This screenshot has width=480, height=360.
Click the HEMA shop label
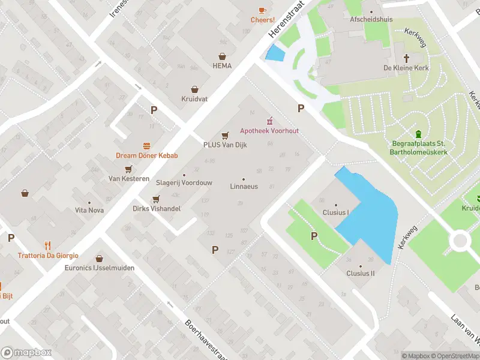[222, 66]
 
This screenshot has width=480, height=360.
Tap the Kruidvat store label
[194, 99]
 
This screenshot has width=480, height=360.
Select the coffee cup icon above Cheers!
[262, 10]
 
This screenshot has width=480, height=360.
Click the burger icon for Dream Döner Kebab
[147, 146]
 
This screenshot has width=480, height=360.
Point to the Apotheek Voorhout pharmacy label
[269, 131]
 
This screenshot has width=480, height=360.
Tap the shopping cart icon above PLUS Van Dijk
[226, 135]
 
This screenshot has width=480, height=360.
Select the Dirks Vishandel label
[156, 209]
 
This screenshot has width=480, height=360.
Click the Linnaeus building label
[244, 187]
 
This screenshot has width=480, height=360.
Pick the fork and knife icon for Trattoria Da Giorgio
[48, 245]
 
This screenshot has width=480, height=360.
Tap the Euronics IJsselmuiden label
[100, 268]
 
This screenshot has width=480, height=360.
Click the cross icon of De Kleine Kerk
[406, 58]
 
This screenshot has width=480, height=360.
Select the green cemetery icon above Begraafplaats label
[418, 133]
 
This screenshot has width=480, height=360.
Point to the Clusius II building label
[360, 273]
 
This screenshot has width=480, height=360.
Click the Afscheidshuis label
[371, 19]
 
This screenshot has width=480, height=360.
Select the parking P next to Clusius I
[314, 236]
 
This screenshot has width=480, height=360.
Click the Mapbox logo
[26, 353]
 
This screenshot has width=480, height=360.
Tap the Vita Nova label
[89, 210]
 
